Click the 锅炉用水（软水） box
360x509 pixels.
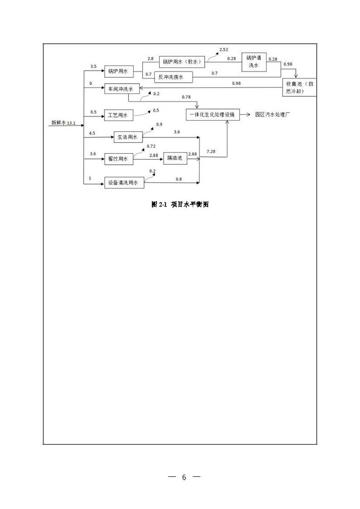183,62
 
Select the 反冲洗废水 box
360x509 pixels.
174,77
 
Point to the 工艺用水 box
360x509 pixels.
118,115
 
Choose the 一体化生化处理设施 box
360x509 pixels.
213,115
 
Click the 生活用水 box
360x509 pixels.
128,137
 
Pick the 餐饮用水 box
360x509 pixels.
119,159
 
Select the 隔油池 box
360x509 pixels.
175,158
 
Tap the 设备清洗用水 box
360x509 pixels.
124,183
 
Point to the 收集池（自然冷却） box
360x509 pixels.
300,87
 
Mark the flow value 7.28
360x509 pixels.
212,152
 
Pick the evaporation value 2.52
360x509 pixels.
224,50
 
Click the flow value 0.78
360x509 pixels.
186,97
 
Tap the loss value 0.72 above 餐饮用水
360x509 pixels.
151,146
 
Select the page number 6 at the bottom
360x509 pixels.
184,477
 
